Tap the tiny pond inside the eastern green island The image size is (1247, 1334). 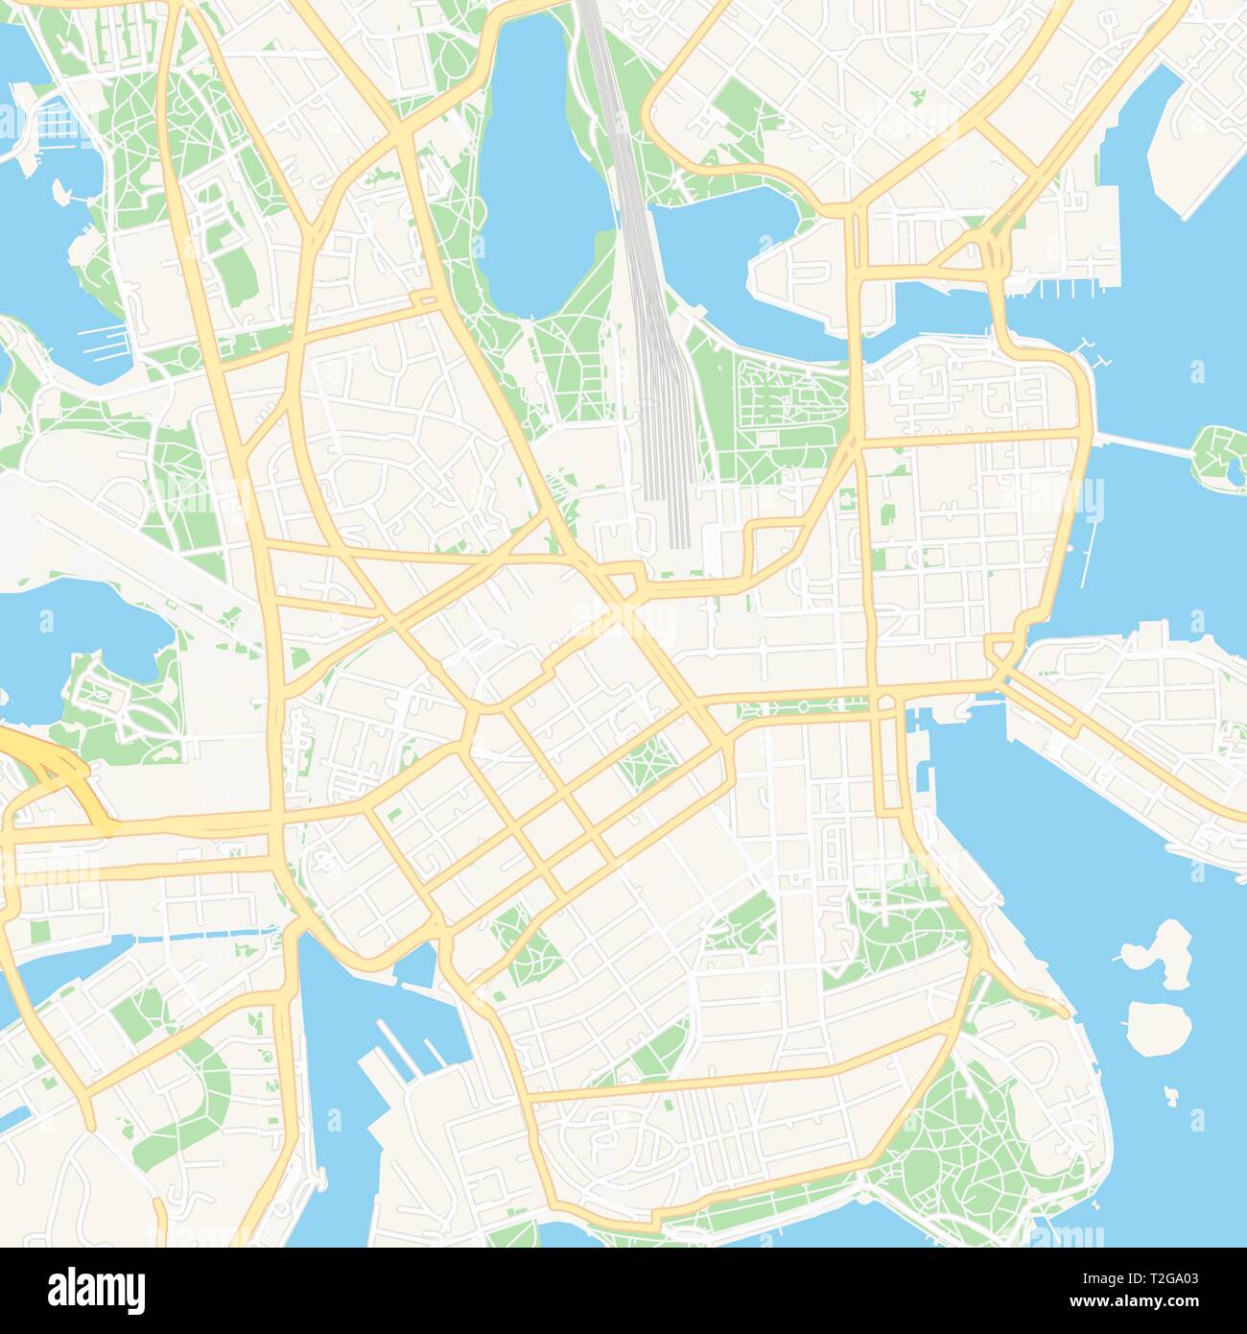[x=1233, y=469]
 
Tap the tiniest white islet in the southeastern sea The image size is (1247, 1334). [x=1172, y=1092]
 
